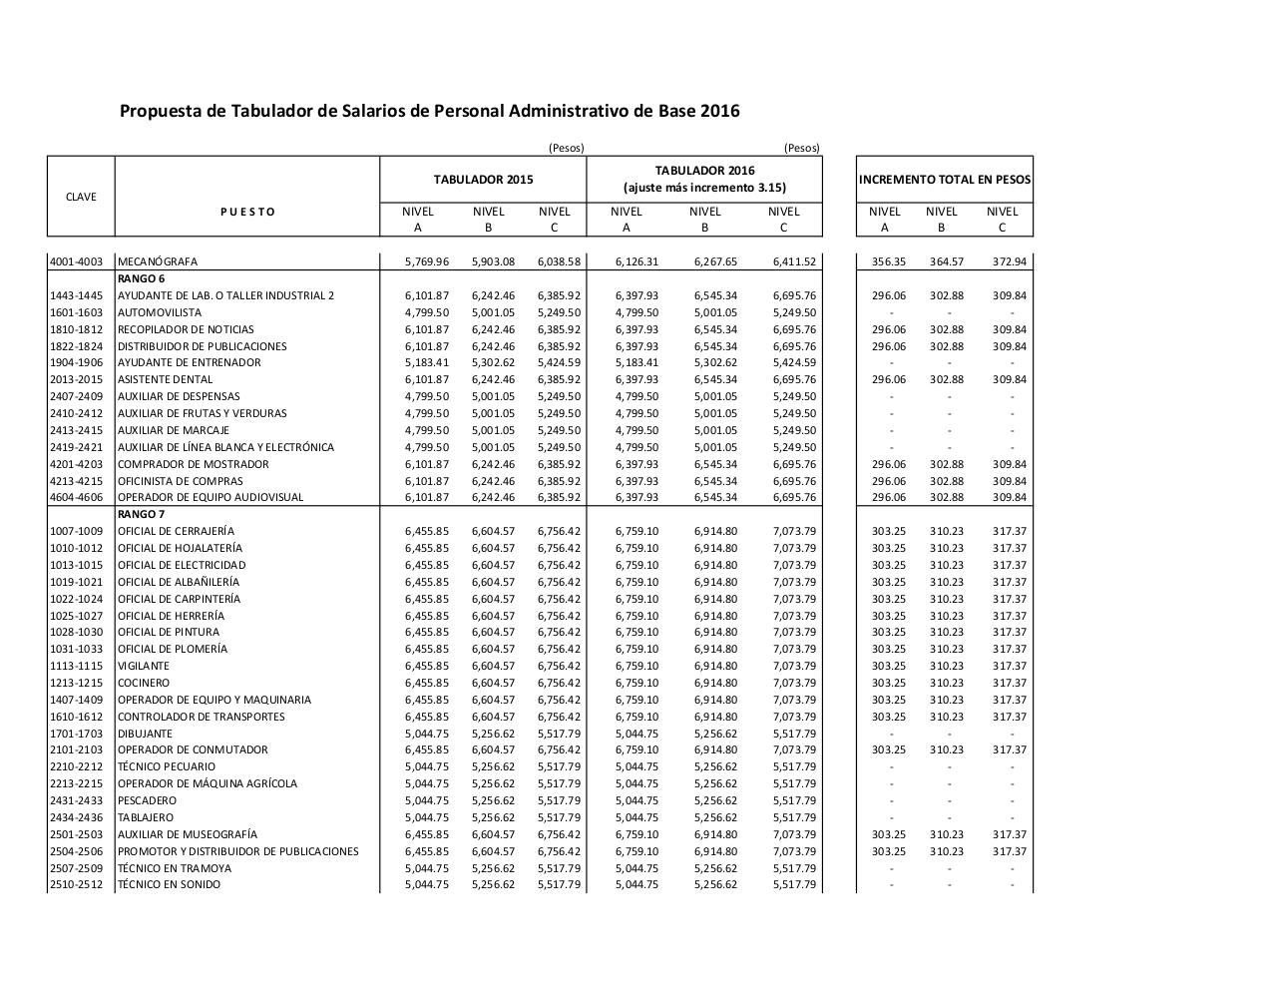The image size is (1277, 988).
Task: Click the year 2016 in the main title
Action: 719,111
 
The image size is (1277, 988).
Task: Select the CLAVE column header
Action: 81,197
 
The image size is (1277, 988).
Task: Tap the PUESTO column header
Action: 247,212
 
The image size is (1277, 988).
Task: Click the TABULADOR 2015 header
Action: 483,180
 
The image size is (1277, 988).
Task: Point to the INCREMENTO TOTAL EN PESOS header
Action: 944,180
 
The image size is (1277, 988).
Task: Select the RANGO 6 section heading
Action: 141,278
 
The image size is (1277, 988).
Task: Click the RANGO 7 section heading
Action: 141,514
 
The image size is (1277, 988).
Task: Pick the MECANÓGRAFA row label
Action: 158,261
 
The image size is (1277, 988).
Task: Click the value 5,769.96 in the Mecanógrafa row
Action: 427,261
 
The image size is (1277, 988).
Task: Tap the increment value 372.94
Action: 1009,261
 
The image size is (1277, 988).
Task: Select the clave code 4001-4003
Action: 77,261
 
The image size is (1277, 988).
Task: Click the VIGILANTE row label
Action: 144,666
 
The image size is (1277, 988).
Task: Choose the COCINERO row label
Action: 144,683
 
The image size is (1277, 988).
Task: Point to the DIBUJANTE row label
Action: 145,734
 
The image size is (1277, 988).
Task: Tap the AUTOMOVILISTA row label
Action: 160,312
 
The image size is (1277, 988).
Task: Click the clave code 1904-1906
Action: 77,362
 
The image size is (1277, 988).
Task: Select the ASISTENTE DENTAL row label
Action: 165,379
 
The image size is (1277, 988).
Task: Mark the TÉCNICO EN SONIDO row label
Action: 169,884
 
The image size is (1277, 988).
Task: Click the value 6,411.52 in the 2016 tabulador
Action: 794,261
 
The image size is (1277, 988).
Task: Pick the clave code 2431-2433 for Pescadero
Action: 77,800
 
